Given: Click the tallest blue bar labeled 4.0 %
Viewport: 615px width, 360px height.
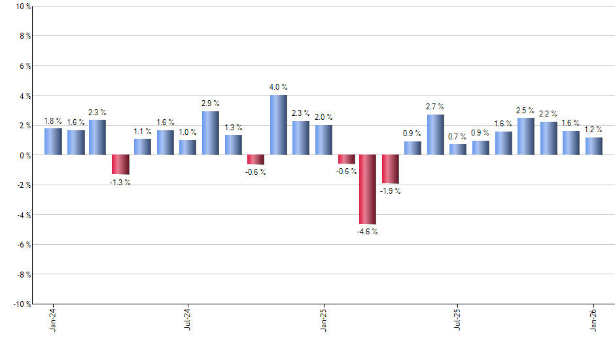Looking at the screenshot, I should [278, 125].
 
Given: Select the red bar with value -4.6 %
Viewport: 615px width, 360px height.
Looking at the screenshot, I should [368, 189].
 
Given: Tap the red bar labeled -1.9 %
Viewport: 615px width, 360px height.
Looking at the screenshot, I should [391, 169].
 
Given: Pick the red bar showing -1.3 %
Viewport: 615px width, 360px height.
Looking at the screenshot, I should [120, 164].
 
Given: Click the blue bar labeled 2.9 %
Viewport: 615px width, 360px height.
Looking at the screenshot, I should [210, 133].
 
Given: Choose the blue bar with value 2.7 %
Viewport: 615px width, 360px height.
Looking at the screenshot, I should [436, 135].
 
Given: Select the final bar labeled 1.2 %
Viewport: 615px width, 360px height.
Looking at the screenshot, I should [594, 146].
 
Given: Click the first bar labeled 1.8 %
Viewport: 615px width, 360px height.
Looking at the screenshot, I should [53, 141].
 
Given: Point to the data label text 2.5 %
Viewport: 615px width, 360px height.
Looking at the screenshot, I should [525, 111].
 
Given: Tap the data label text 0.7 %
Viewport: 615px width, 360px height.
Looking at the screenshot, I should [458, 137].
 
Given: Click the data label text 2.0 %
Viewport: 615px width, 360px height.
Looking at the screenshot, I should [323, 117].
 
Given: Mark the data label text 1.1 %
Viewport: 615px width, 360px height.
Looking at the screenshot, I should [143, 131].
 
